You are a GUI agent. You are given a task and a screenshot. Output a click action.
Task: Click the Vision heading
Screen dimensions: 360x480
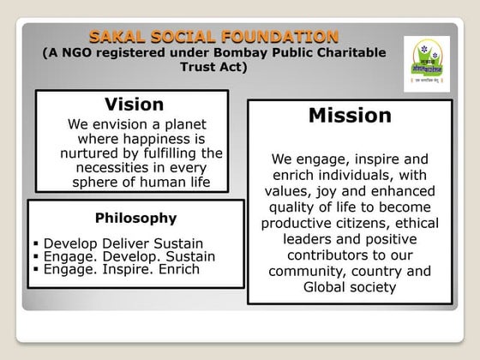tap(134, 105)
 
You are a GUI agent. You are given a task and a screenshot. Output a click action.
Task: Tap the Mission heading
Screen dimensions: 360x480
tap(349, 115)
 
